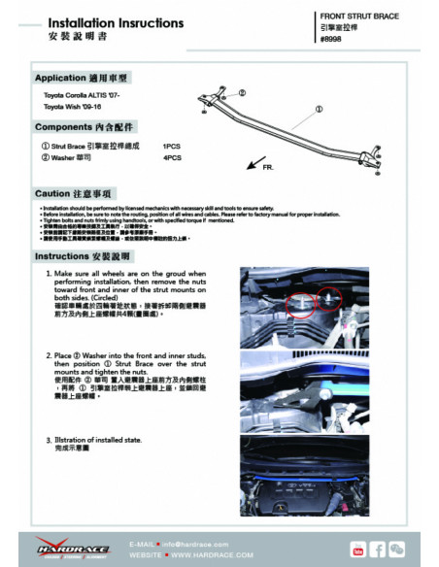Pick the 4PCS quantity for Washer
pos(172,156)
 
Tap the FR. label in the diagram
pos(267,167)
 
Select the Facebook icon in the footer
pos(377,550)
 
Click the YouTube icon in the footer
pos(357,550)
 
